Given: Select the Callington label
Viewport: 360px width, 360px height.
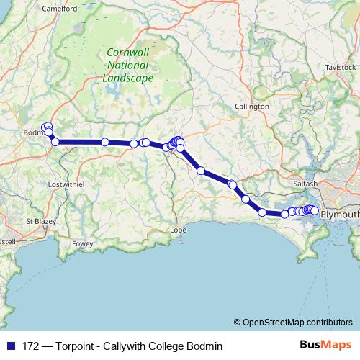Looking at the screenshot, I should [x=252, y=107].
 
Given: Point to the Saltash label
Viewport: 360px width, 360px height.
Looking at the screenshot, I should [x=305, y=184].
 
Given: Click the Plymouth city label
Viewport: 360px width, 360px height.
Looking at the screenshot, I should [x=340, y=215].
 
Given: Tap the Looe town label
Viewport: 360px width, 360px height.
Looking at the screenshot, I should [x=178, y=230].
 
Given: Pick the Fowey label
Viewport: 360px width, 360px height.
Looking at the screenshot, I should [x=83, y=244].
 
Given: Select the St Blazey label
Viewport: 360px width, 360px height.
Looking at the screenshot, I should [x=38, y=220].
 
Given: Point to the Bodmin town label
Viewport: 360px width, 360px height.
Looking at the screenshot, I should [x=33, y=133].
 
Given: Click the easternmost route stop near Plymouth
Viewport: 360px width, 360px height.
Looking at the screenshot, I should [x=315, y=210].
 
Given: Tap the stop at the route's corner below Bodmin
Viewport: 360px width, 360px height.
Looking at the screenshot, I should [x=55, y=141].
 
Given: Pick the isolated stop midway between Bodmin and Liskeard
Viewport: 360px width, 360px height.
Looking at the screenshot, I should [x=105, y=142].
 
